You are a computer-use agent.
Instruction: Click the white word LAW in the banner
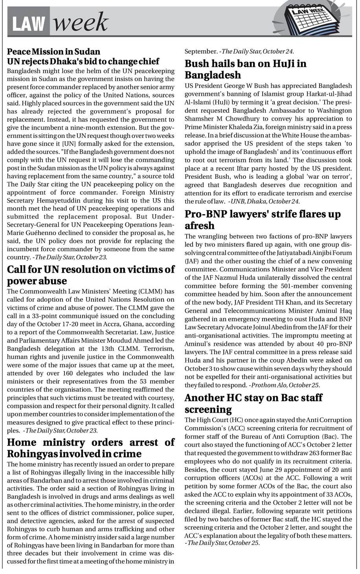coord(28,24)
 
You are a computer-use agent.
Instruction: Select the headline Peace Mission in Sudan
coord(54,51)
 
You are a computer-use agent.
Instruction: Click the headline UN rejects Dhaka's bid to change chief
coord(83,61)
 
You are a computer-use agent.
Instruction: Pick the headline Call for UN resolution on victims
coord(91,270)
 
